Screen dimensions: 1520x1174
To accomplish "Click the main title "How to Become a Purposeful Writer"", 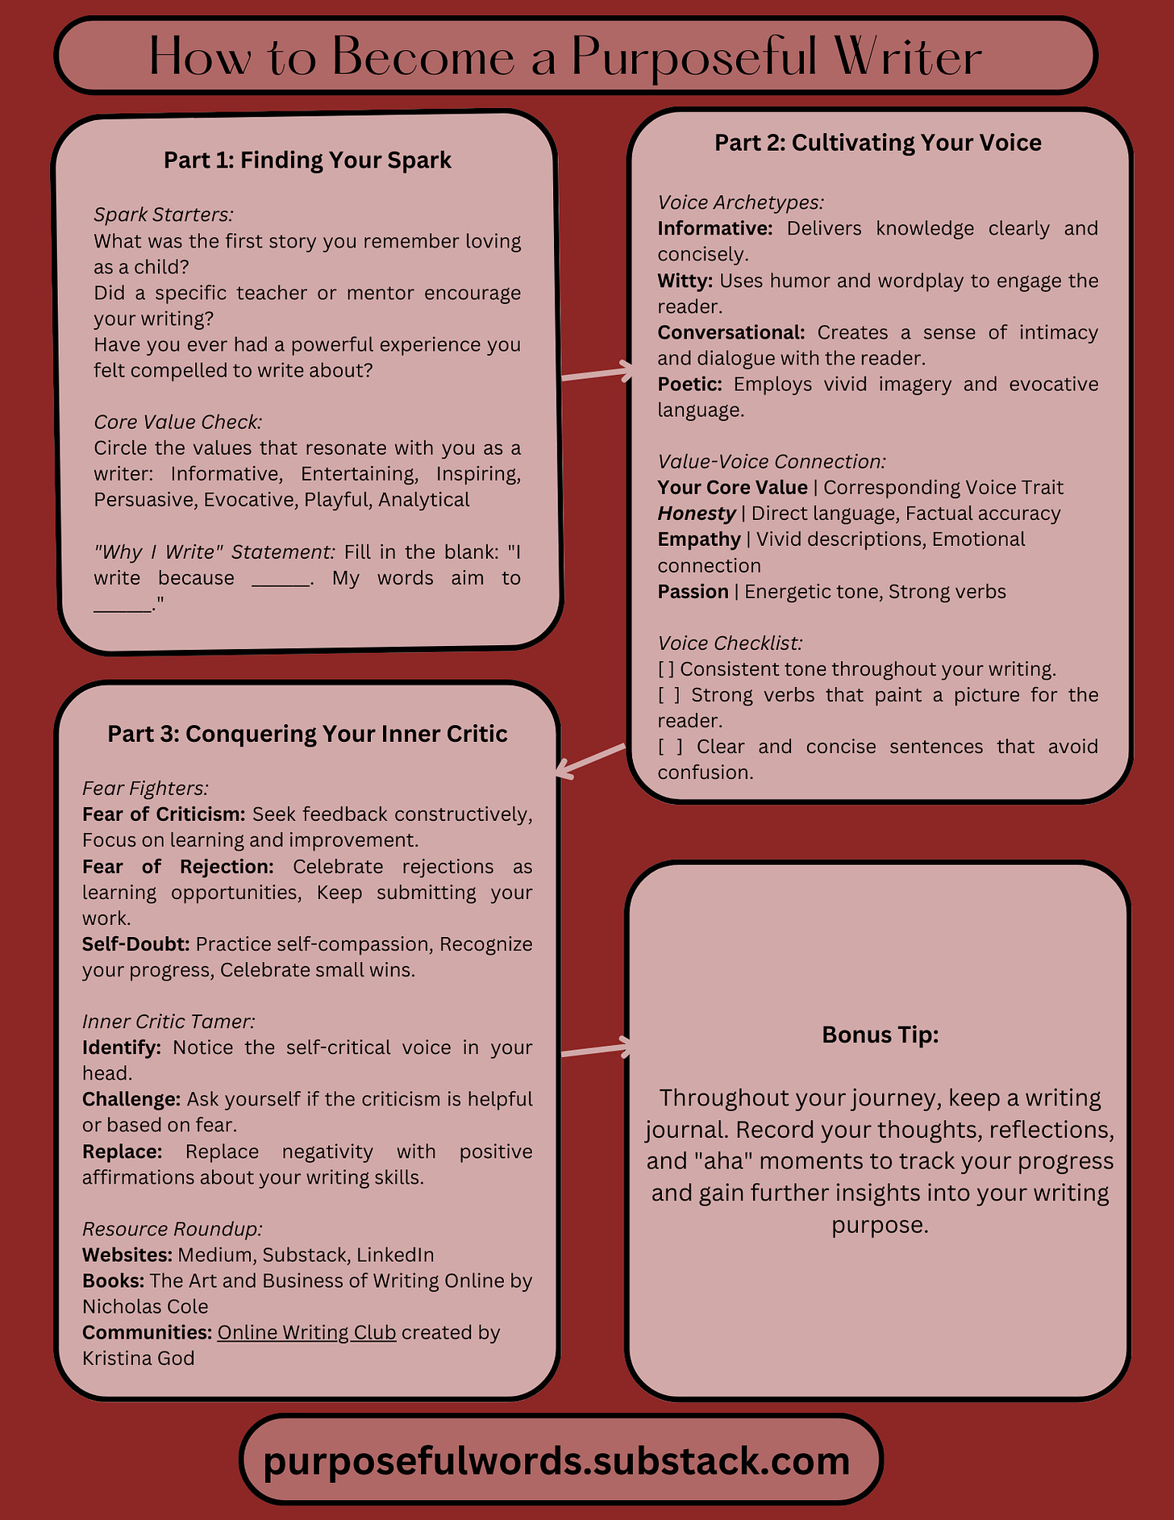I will coord(564,56).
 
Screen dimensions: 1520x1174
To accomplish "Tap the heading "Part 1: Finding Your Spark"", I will coord(307,160).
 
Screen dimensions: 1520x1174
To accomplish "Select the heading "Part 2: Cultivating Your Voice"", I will coord(877,143).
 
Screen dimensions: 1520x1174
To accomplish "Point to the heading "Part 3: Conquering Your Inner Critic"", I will coord(307,734).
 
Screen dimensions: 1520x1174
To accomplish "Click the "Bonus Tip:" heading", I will coord(880,1035).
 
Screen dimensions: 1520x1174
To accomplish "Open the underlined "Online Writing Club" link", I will coord(306,1332).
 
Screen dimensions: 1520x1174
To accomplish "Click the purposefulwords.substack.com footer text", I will coord(556,1460).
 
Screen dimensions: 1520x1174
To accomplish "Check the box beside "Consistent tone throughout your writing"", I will coord(666,669).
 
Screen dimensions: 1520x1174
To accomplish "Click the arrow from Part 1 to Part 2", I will coord(597,373).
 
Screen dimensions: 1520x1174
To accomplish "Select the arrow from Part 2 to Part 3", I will coord(591,761).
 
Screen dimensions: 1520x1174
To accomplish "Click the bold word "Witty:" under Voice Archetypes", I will coord(685,281).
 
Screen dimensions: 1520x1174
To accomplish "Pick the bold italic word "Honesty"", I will coord(696,513).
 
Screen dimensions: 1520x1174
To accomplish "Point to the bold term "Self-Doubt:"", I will coord(135,943).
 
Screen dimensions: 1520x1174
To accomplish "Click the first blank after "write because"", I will coord(281,579).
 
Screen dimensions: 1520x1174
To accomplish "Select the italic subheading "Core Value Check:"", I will coord(177,422).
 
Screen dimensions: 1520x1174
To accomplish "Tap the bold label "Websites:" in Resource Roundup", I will coord(127,1255).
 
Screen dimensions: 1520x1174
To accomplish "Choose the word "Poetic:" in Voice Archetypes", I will coord(689,384).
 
